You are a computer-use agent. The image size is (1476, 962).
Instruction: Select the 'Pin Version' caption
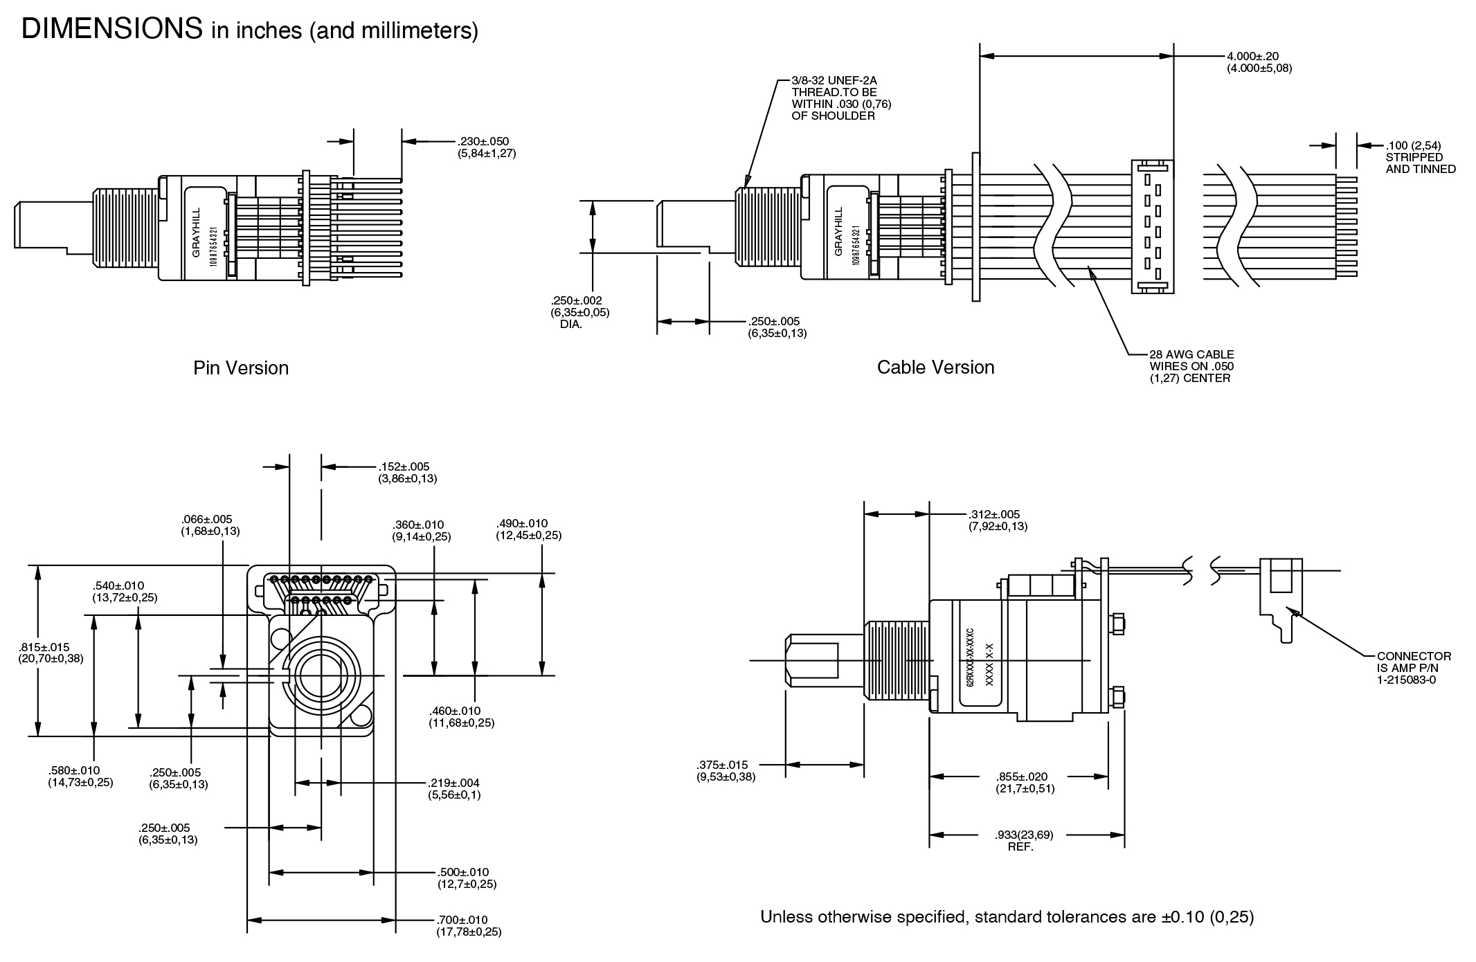[x=241, y=367]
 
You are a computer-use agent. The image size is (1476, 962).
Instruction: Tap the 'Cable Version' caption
[x=935, y=367]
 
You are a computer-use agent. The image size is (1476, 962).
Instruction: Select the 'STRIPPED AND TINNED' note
[x=1420, y=163]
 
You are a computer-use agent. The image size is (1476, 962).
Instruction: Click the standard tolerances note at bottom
[x=1007, y=917]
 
